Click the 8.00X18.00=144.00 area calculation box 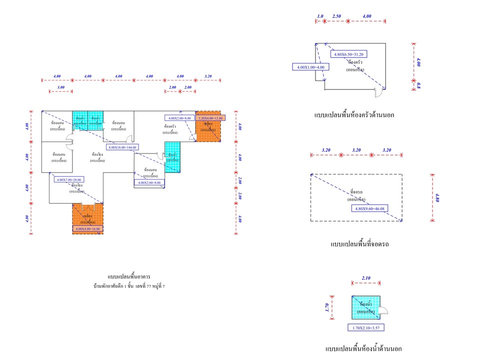pyautogui.click(x=122, y=147)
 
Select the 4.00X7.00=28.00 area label pyautogui.click(x=69, y=179)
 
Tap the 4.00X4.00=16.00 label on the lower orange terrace pyautogui.click(x=87, y=228)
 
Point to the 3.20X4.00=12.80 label pyautogui.click(x=211, y=118)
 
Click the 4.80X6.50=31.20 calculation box pyautogui.click(x=348, y=54)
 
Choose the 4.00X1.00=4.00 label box pyautogui.click(x=310, y=66)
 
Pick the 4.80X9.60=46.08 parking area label pyautogui.click(x=371, y=208)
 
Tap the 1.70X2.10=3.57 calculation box pyautogui.click(x=365, y=328)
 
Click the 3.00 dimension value pyautogui.click(x=61, y=87)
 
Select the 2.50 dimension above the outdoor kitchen pyautogui.click(x=336, y=16)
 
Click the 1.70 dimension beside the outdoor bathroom pyautogui.click(x=327, y=307)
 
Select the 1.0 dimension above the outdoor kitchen pyautogui.click(x=320, y=16)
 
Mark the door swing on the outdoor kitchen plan pyautogui.click(x=380, y=92)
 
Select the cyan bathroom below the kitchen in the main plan pyautogui.click(x=172, y=157)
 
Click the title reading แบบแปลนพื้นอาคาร pyautogui.click(x=128, y=276)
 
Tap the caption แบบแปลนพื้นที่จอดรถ pyautogui.click(x=359, y=244)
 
